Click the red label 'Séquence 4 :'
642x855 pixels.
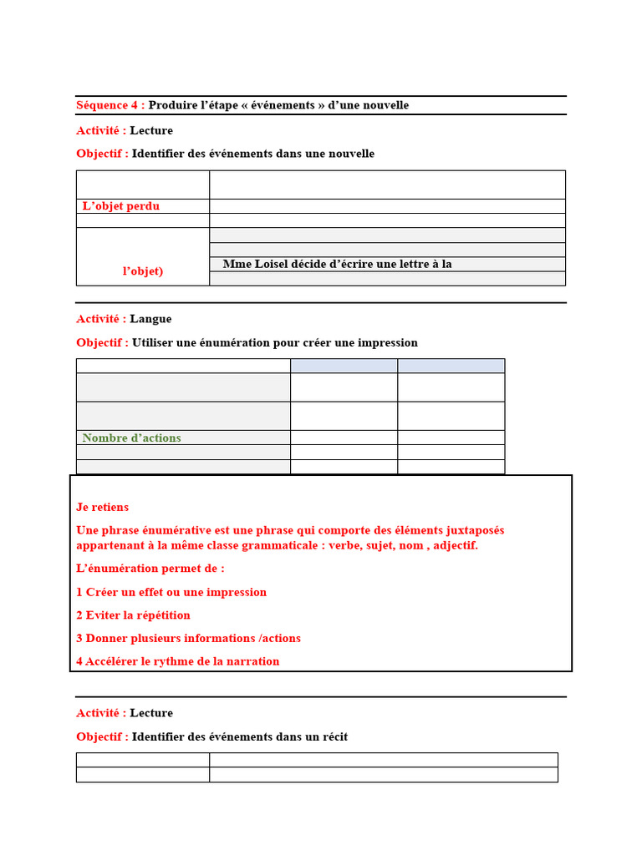pyautogui.click(x=110, y=105)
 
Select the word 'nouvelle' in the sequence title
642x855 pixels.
pyautogui.click(x=385, y=105)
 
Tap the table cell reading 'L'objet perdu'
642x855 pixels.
pyautogui.click(x=121, y=206)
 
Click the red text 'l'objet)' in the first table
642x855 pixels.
pyautogui.click(x=143, y=271)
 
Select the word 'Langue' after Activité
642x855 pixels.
pyautogui.click(x=150, y=319)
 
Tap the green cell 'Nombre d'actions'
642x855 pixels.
pyautogui.click(x=131, y=438)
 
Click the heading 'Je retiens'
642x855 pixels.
pyautogui.click(x=103, y=507)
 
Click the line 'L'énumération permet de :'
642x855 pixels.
pyautogui.click(x=150, y=568)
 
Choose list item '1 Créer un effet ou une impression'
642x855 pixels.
pyautogui.click(x=171, y=592)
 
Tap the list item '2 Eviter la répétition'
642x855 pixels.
pyautogui.click(x=134, y=615)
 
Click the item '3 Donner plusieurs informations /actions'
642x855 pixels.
pyautogui.click(x=188, y=638)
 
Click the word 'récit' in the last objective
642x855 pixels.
pyautogui.click(x=332, y=737)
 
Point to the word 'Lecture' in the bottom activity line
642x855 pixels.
pyautogui.click(x=151, y=713)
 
